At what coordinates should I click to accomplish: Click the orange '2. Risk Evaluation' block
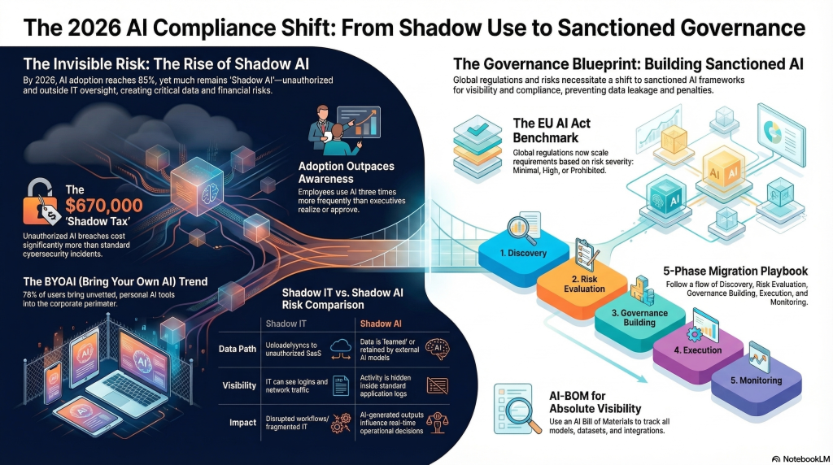pos(585,283)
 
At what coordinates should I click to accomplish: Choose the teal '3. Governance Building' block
pos(643,318)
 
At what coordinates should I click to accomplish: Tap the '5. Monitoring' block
pos(755,380)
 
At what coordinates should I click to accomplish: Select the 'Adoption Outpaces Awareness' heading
pos(347,172)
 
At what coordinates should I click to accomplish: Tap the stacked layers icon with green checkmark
pos(476,139)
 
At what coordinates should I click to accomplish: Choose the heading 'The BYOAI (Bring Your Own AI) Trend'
pos(115,281)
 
